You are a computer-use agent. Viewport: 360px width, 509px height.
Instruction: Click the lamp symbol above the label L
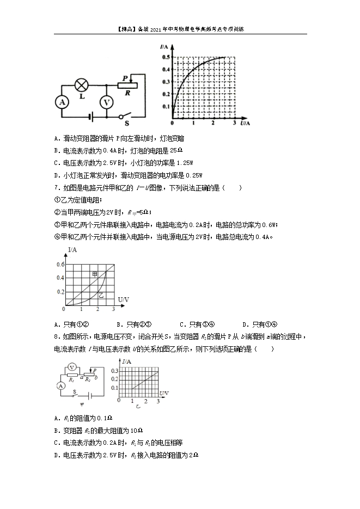click(82, 85)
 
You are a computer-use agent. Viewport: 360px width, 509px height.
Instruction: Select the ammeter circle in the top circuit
click(62, 102)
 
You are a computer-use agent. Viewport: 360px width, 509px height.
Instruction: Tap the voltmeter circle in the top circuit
click(107, 102)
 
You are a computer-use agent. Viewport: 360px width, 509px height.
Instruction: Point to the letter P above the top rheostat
click(126, 78)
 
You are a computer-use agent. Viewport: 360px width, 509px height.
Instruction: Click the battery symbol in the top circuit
click(90, 116)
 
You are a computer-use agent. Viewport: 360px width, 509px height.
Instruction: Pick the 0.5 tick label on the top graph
click(164, 57)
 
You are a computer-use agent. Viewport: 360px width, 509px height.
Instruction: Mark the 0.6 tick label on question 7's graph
click(60, 265)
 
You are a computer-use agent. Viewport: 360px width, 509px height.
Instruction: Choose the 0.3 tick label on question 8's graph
click(114, 370)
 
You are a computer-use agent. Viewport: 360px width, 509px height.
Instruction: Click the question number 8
click(57, 336)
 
